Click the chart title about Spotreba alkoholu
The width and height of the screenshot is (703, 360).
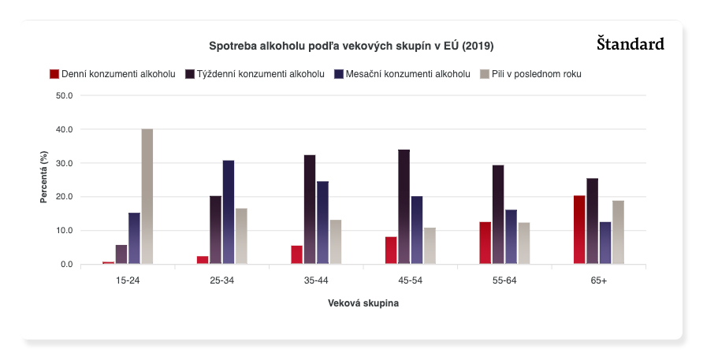tap(351, 46)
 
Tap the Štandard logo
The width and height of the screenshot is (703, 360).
tap(630, 43)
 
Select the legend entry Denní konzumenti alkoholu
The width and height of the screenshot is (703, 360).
tap(112, 74)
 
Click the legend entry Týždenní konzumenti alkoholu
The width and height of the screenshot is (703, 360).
tap(255, 74)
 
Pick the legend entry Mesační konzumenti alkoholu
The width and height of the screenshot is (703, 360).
tap(402, 74)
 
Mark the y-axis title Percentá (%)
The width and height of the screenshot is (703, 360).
tap(44, 180)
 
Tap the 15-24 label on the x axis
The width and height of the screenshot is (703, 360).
tap(128, 280)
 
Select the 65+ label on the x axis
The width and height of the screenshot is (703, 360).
tap(599, 280)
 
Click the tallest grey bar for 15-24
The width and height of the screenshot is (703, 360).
tap(147, 197)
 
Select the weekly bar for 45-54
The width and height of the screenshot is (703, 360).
tap(404, 207)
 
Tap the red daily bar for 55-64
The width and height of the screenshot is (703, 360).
tap(485, 243)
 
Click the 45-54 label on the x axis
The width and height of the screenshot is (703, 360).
tap(411, 280)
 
